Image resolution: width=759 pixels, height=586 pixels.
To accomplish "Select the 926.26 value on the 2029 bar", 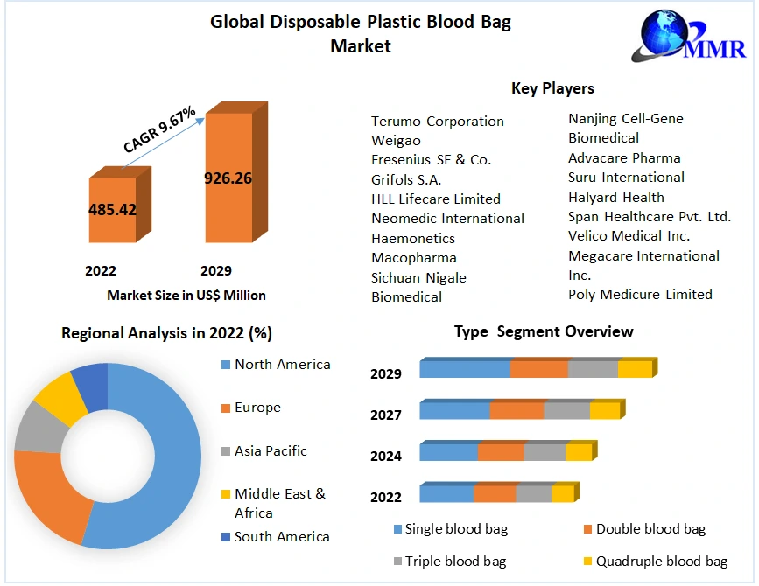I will [228, 178].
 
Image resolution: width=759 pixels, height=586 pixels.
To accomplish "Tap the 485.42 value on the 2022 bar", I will [112, 210].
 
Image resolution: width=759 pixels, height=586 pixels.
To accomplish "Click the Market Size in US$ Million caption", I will [186, 296].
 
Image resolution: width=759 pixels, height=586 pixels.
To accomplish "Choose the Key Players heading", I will [552, 88].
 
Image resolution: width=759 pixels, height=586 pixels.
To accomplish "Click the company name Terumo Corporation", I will [438, 121].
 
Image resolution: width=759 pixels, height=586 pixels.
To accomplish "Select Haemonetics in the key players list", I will [413, 238].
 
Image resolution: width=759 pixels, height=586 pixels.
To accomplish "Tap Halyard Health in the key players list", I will [616, 197].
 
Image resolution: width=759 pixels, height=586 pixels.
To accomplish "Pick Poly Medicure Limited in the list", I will [640, 294].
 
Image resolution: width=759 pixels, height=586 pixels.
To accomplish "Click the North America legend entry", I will [282, 364].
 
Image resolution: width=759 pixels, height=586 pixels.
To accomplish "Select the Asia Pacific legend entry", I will [271, 450].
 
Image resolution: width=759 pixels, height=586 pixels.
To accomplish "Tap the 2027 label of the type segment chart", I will [386, 415].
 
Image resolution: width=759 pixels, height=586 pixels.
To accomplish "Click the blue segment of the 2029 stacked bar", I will [464, 369].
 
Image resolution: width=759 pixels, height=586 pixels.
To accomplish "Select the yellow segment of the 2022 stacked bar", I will [562, 493].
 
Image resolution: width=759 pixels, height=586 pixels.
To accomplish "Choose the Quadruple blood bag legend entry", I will [662, 561].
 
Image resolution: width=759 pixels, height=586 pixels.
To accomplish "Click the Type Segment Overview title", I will [544, 331].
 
